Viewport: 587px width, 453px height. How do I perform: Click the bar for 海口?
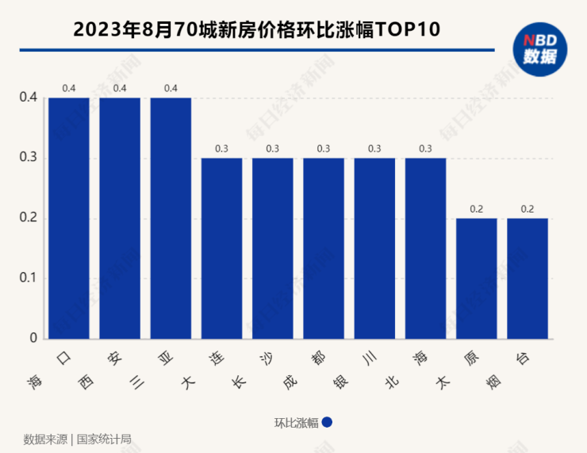point(69,218)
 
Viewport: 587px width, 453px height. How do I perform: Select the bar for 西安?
point(120,218)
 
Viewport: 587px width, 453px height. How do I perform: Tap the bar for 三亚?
point(171,218)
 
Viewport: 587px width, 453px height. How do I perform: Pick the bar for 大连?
point(221,248)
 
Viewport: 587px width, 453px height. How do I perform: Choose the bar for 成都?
point(324,248)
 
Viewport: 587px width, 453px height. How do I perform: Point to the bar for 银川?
point(374,248)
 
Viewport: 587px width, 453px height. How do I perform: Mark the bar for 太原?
point(476,278)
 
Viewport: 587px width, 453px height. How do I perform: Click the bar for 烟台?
point(528,278)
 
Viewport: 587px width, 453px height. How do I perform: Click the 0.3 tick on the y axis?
point(28,158)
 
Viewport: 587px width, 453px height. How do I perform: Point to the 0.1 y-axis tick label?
point(28,278)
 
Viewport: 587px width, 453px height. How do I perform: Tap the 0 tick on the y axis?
point(33,338)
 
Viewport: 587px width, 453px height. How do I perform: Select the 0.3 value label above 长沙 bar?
point(273,148)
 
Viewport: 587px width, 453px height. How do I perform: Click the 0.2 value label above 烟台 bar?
point(528,209)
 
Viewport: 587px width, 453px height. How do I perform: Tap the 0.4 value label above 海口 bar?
point(69,88)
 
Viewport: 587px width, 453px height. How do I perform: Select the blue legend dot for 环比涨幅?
point(327,423)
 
